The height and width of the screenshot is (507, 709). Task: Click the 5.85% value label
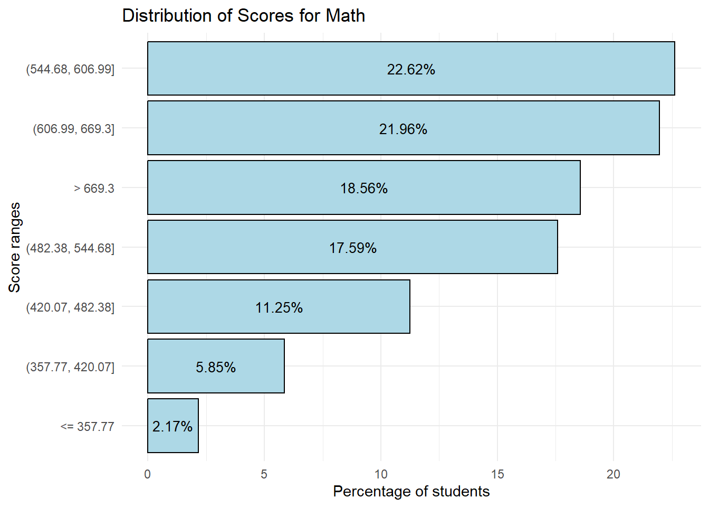click(x=216, y=367)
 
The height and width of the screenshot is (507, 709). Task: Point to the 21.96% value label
click(x=403, y=129)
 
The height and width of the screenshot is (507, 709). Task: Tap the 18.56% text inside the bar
click(x=364, y=189)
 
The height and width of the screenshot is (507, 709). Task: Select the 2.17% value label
click(x=173, y=426)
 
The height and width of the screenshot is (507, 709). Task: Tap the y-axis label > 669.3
click(x=94, y=189)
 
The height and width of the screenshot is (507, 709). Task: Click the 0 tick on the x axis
click(x=148, y=474)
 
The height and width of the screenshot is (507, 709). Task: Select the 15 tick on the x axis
click(x=497, y=474)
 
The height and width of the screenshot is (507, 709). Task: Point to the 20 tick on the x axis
click(x=614, y=474)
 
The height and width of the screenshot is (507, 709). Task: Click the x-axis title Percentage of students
click(x=411, y=492)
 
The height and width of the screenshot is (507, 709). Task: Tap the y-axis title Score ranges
click(x=14, y=247)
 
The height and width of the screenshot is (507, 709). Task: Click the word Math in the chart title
click(x=346, y=16)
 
